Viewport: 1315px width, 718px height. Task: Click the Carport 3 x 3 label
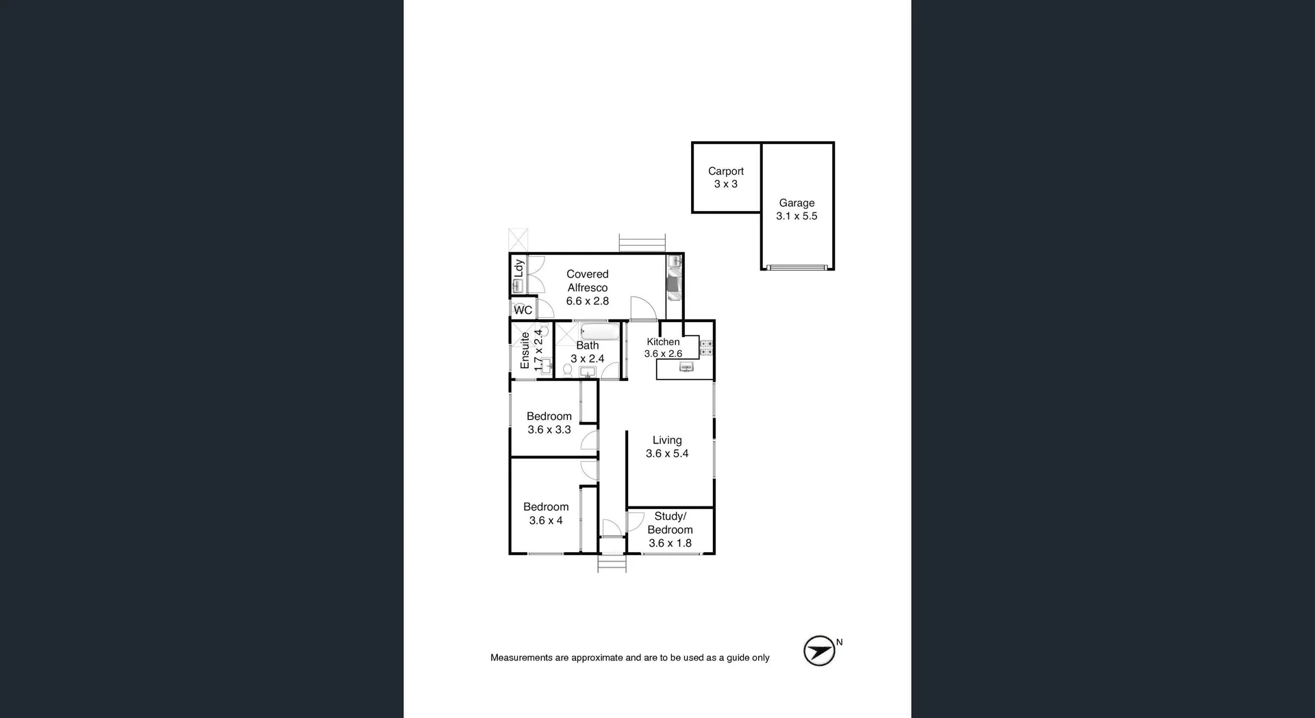725,177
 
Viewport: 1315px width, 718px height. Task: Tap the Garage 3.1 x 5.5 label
797,210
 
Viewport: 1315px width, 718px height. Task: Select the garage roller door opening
797,267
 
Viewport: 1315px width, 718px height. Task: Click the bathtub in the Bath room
599,333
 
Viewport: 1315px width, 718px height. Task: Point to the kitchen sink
686,368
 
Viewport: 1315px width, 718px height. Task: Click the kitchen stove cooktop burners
706,348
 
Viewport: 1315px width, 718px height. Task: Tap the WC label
523,310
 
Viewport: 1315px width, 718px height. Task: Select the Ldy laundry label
519,268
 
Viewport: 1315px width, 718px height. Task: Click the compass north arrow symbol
819,651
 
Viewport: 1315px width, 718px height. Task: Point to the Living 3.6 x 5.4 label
666,447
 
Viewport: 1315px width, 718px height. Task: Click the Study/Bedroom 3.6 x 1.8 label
670,530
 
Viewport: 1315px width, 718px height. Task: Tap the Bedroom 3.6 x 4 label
546,514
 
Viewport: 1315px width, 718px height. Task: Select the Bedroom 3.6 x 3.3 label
549,423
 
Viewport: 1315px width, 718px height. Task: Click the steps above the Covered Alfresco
642,243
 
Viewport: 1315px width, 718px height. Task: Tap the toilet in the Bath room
567,370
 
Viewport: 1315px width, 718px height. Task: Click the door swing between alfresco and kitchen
643,308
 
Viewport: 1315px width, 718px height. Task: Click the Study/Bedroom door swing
635,521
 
